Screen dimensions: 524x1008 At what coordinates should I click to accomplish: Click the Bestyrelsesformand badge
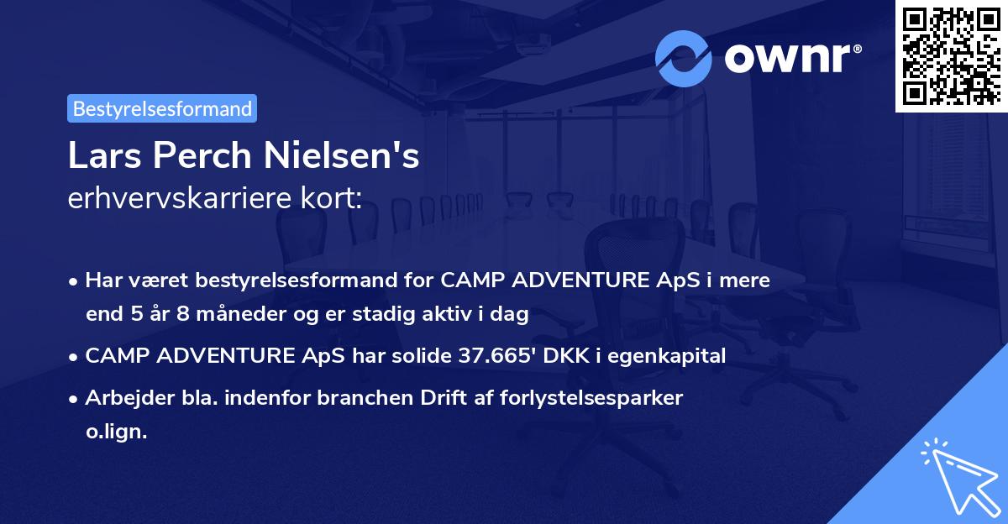pos(162,108)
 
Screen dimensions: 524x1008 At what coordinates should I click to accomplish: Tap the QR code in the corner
pos(951,55)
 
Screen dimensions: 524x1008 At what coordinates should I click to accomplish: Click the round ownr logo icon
pos(684,58)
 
